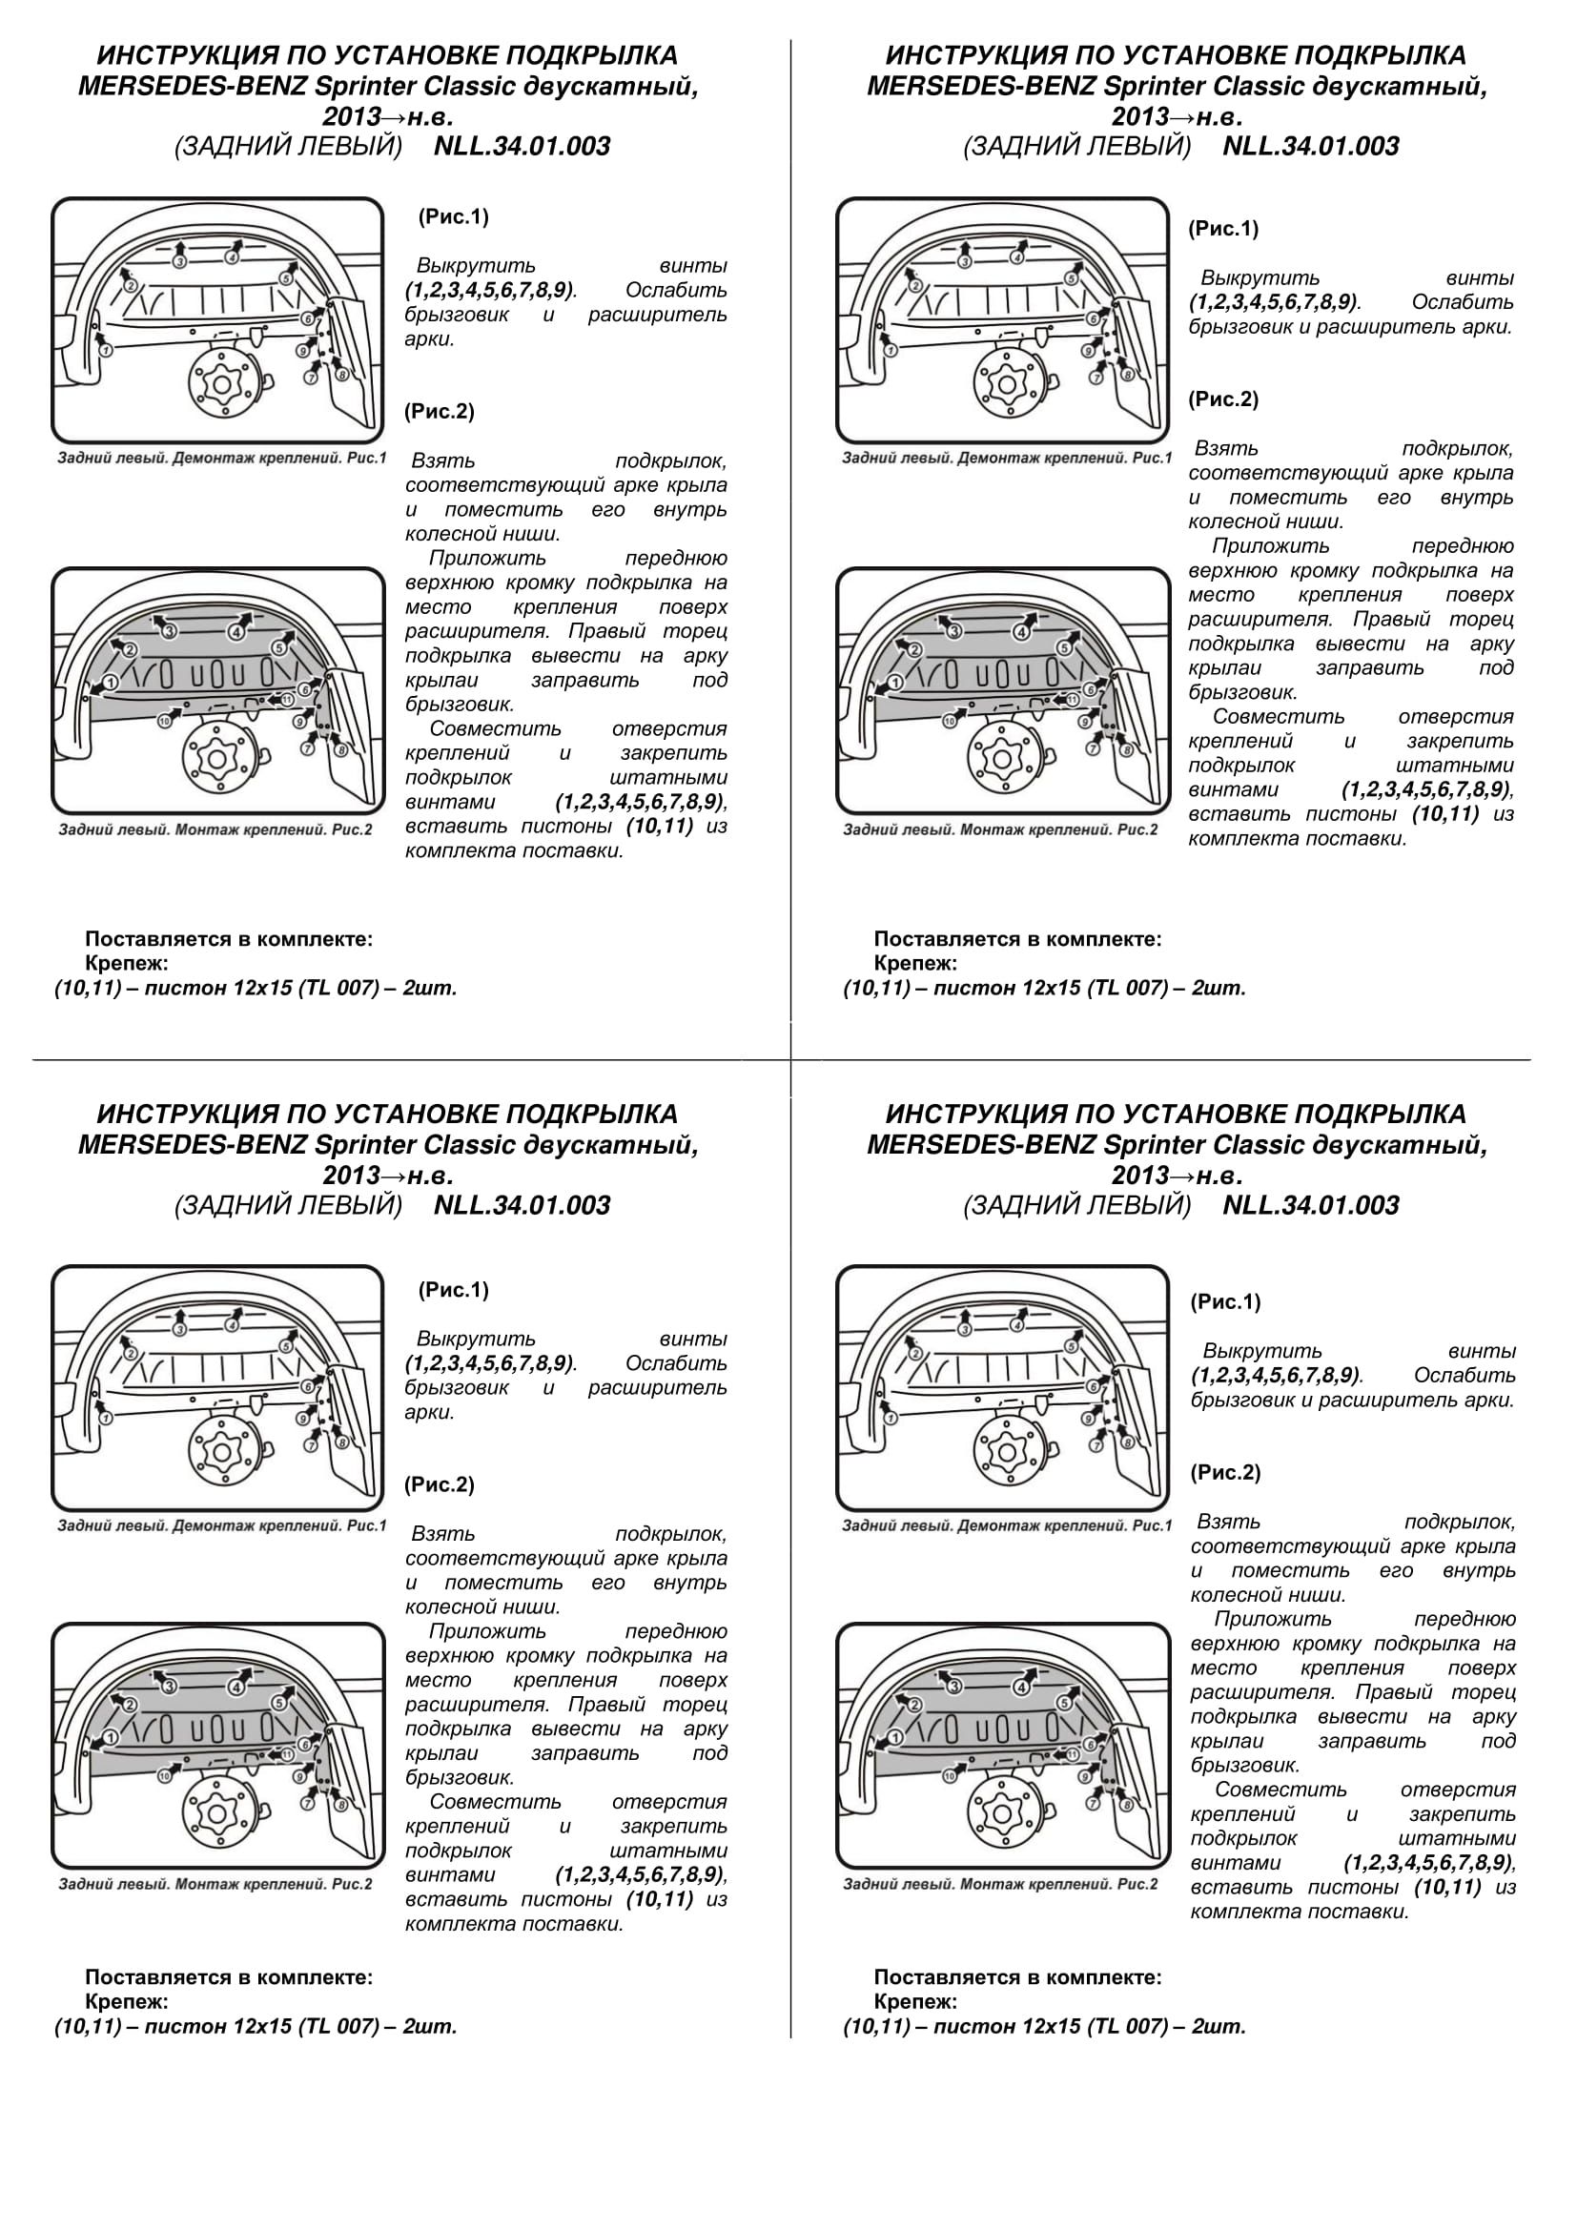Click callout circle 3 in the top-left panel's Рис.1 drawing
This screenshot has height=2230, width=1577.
tap(179, 262)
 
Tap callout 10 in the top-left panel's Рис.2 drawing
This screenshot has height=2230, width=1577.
tap(164, 721)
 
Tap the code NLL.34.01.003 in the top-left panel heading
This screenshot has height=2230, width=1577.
tap(522, 147)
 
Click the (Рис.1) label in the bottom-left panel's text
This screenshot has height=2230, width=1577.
tap(454, 1290)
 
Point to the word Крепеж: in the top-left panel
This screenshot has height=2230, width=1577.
tap(126, 964)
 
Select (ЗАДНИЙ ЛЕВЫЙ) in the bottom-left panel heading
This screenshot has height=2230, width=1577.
tap(287, 1205)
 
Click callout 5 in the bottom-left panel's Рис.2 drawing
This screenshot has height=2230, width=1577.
tap(278, 1703)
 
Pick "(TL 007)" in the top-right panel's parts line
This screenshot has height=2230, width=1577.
tap(1125, 989)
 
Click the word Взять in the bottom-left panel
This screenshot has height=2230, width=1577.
tap(442, 1534)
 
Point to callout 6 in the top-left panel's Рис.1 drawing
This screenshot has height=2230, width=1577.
tap(307, 318)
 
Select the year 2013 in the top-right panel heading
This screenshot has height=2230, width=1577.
tap(1139, 116)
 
